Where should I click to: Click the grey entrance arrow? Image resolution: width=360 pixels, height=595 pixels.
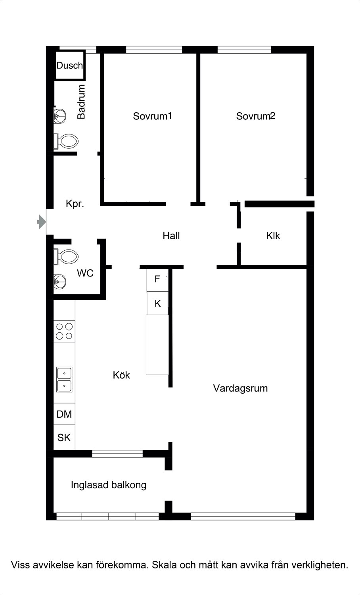coord(41,221)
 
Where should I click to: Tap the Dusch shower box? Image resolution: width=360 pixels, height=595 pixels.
coord(70,65)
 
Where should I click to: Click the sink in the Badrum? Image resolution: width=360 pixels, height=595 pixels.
coord(60,116)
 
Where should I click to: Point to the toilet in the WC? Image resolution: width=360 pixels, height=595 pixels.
coord(66,257)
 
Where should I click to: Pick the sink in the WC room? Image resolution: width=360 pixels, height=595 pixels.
coord(60,282)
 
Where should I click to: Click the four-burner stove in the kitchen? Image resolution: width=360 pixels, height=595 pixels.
coord(64,331)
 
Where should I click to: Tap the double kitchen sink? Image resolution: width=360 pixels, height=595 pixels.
coord(64,380)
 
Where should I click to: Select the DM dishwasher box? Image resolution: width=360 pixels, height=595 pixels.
coord(64,414)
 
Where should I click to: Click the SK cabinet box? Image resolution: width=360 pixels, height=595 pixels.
coord(64,437)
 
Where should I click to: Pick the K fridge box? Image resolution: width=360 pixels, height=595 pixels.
coord(157,303)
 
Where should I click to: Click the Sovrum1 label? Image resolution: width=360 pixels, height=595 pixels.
coord(152,116)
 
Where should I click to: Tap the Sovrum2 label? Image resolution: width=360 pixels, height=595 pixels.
coord(256,116)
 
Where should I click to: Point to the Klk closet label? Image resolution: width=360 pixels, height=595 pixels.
coord(273,236)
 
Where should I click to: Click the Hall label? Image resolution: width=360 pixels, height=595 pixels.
coord(171,236)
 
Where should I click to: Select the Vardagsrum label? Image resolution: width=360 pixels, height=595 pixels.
coord(240,388)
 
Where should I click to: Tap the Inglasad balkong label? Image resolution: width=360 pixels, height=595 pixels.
coord(109,485)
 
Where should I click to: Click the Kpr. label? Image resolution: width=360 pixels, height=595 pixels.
coord(75,204)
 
